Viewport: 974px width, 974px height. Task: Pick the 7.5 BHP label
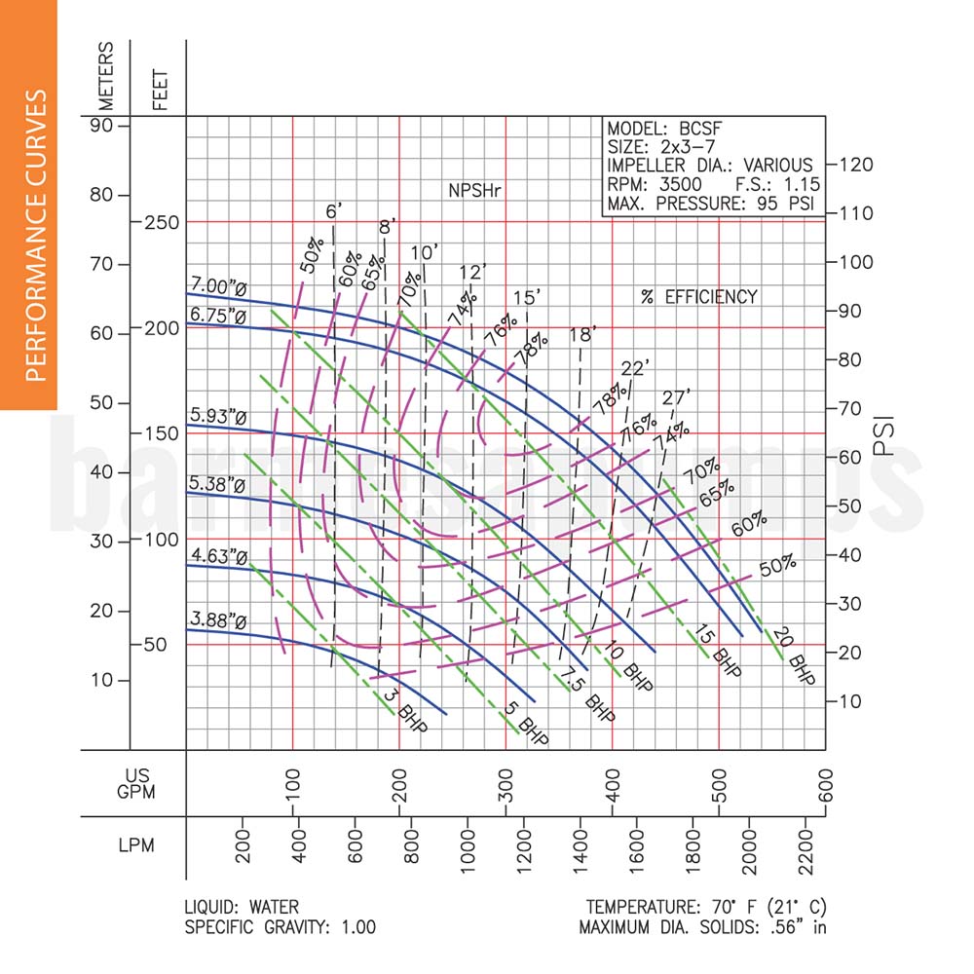[587, 695]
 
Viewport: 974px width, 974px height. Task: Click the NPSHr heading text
[473, 189]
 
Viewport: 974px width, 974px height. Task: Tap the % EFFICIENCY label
[698, 296]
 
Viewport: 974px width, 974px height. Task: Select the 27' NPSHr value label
[676, 396]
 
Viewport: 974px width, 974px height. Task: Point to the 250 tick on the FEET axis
[159, 222]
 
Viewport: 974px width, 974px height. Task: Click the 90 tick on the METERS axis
[103, 126]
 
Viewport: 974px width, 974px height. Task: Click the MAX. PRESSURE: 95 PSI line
[710, 206]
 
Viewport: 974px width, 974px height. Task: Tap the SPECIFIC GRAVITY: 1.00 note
[280, 927]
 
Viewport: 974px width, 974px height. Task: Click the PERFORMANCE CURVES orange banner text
[35, 234]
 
